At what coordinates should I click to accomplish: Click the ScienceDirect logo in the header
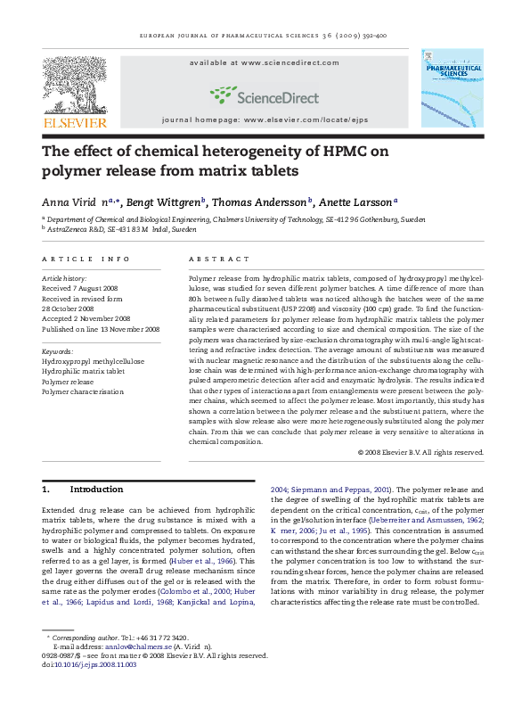(x=265, y=94)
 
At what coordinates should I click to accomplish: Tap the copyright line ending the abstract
(x=432, y=451)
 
